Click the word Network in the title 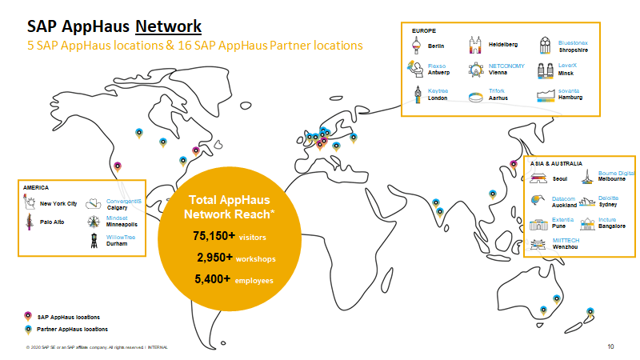(x=168, y=26)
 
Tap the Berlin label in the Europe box (x=436, y=46)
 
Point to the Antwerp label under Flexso (x=439, y=72)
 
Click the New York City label (x=58, y=204)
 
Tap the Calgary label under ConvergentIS (x=118, y=208)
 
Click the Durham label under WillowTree (x=117, y=243)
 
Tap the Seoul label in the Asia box (x=560, y=178)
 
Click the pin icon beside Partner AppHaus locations (x=29, y=329)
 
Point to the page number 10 (x=610, y=346)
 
